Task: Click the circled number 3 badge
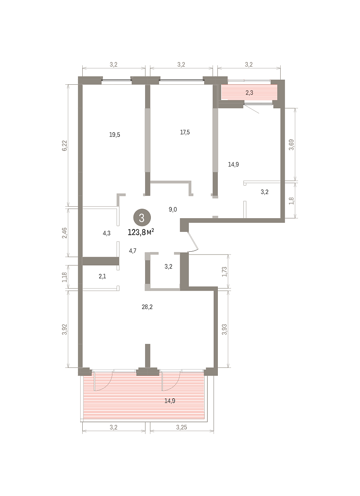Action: [142, 218]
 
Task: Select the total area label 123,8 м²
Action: [141, 232]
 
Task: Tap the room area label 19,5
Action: [114, 135]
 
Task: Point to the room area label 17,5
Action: [185, 132]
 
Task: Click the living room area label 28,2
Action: [147, 307]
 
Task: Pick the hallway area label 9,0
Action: [173, 209]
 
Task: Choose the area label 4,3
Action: [107, 233]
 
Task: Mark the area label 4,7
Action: [133, 251]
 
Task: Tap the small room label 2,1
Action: [103, 277]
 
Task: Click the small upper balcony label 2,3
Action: [250, 93]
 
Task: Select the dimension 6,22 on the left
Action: [64, 145]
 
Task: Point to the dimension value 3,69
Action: [291, 145]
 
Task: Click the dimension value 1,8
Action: [291, 200]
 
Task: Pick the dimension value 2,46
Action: [64, 233]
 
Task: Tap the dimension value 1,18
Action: [64, 277]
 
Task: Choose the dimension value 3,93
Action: [224, 329]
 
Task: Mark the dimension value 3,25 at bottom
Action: [181, 427]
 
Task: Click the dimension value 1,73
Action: [224, 272]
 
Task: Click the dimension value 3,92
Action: [64, 329]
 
